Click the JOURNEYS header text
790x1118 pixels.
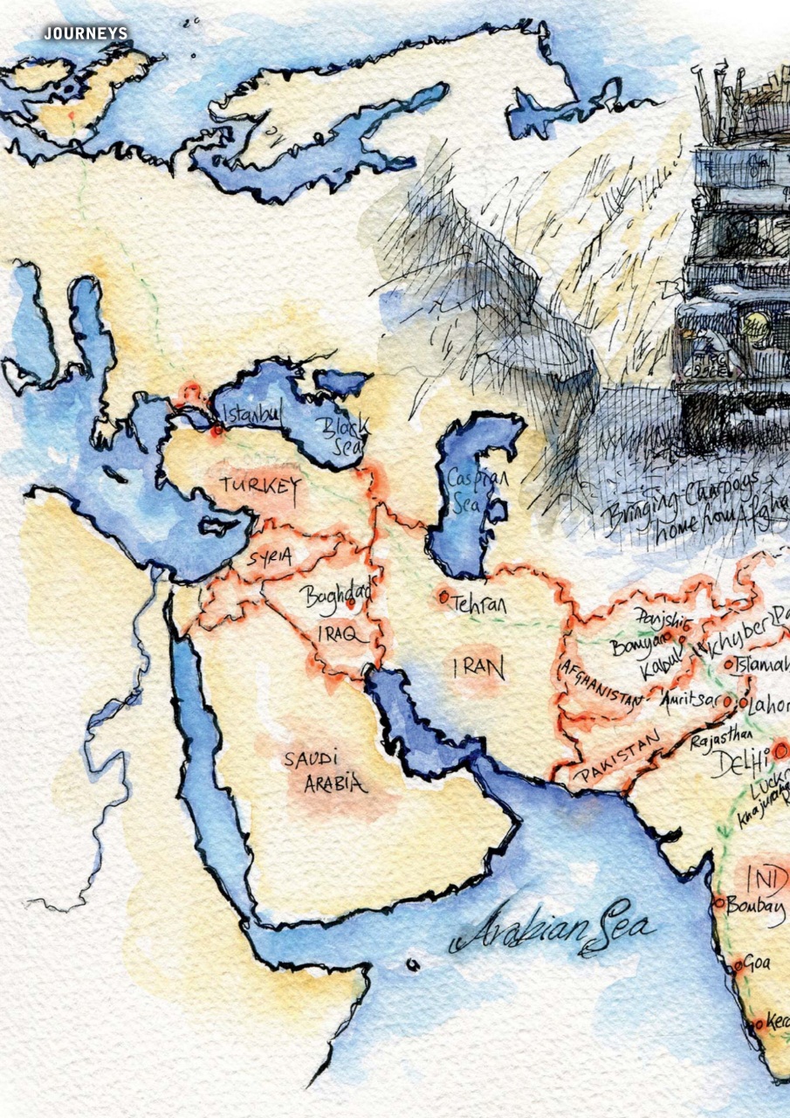pyautogui.click(x=86, y=33)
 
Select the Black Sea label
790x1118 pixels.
pyautogui.click(x=332, y=434)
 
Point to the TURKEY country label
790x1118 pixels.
pyautogui.click(x=260, y=487)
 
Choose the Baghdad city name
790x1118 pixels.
pyautogui.click(x=336, y=597)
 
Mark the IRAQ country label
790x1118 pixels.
pyautogui.click(x=341, y=635)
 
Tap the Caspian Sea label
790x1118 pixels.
pyautogui.click(x=476, y=491)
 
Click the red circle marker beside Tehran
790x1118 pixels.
pyautogui.click(x=444, y=597)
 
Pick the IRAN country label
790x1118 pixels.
pyautogui.click(x=477, y=669)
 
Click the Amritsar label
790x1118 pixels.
pyautogui.click(x=692, y=700)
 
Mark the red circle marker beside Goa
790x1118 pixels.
pyautogui.click(x=738, y=965)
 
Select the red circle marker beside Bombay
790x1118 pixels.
pyautogui.click(x=718, y=903)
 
